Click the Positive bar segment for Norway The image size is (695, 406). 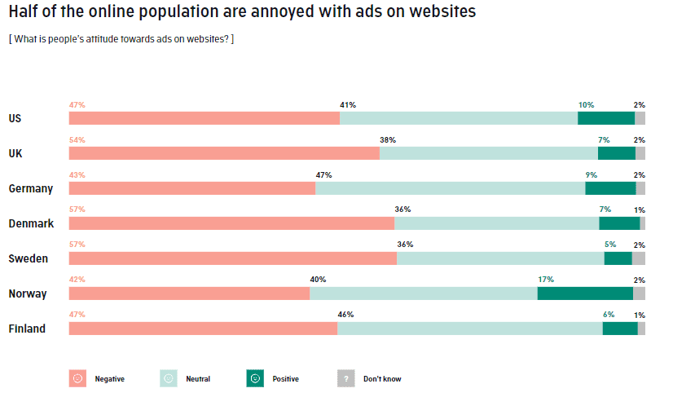click(x=585, y=293)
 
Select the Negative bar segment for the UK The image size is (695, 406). click(x=224, y=153)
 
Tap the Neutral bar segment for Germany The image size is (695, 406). click(x=450, y=188)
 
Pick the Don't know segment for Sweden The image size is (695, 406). click(x=638, y=258)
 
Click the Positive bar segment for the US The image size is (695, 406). click(x=605, y=118)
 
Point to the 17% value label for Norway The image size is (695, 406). click(x=545, y=280)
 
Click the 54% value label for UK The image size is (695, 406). click(x=77, y=140)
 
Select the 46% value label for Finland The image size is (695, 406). click(x=345, y=315)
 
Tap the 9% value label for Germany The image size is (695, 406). click(x=591, y=175)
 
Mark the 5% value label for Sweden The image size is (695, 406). click(x=609, y=245)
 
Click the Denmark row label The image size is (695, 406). click(x=31, y=223)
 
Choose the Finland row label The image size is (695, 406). click(x=27, y=329)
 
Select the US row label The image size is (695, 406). click(x=15, y=118)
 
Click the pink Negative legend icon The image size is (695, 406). click(x=77, y=378)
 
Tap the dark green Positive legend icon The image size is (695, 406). click(x=255, y=378)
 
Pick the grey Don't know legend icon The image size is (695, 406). click(x=345, y=378)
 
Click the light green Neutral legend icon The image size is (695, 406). click(x=169, y=378)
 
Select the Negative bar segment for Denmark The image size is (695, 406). click(x=231, y=223)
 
